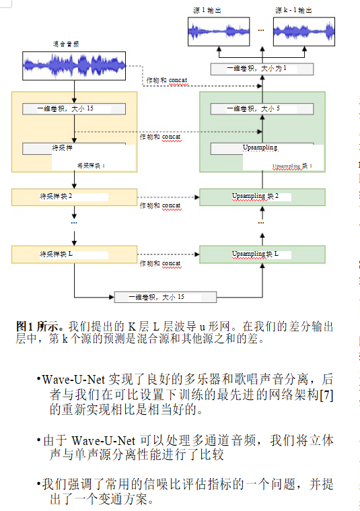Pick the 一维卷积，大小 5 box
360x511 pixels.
pyautogui.click(x=262, y=108)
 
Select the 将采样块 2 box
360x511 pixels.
pyautogui.click(x=74, y=197)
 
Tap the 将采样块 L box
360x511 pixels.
pyautogui.click(x=74, y=254)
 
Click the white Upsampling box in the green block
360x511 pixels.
pyautogui.click(x=262, y=148)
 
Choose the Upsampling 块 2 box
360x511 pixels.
pyautogui.click(x=262, y=197)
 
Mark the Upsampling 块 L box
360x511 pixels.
pyautogui.click(x=262, y=254)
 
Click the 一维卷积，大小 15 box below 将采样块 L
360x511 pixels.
pyautogui.click(x=165, y=296)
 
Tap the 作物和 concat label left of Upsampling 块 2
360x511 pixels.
pyautogui.click(x=160, y=205)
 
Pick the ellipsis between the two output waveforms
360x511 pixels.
pyautogui.click(x=261, y=30)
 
